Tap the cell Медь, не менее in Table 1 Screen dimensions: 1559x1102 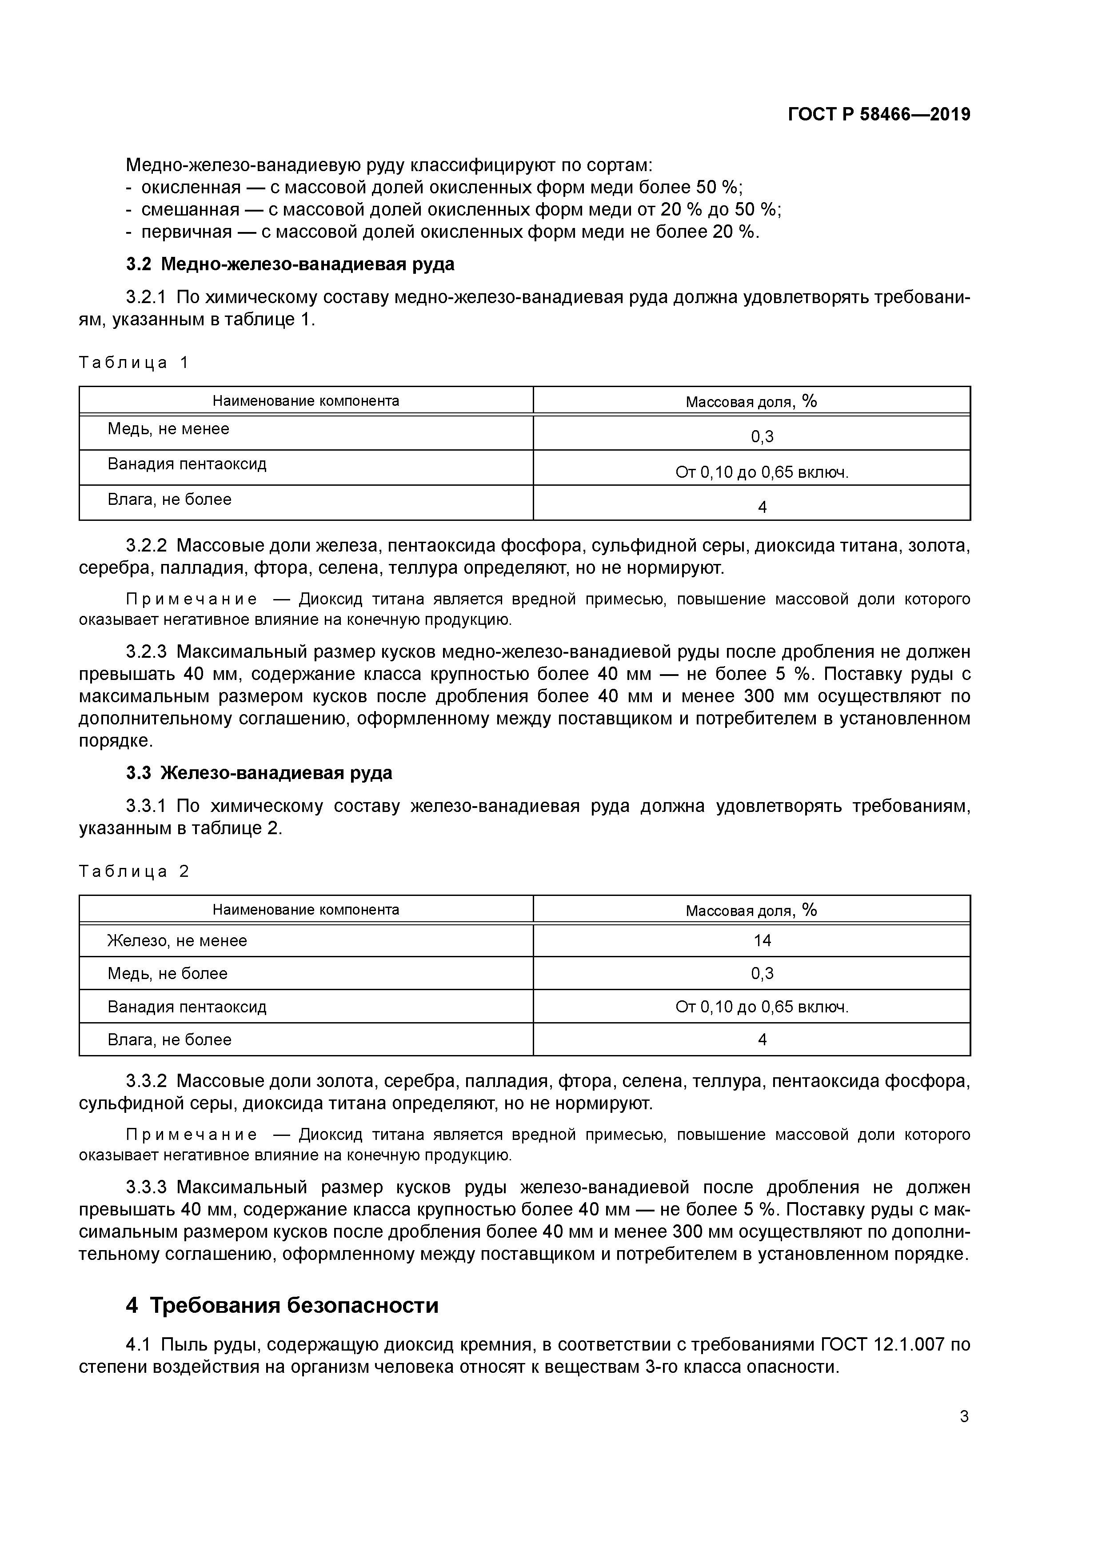[168, 429]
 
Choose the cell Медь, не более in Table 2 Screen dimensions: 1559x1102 [167, 974]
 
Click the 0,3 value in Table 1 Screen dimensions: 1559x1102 [762, 436]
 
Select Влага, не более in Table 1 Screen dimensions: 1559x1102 [169, 500]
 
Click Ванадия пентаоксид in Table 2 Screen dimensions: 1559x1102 [187, 1007]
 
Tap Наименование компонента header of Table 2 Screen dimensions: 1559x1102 [306, 909]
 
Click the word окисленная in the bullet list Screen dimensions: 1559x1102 [191, 188]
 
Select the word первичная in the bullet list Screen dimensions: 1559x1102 [187, 232]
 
